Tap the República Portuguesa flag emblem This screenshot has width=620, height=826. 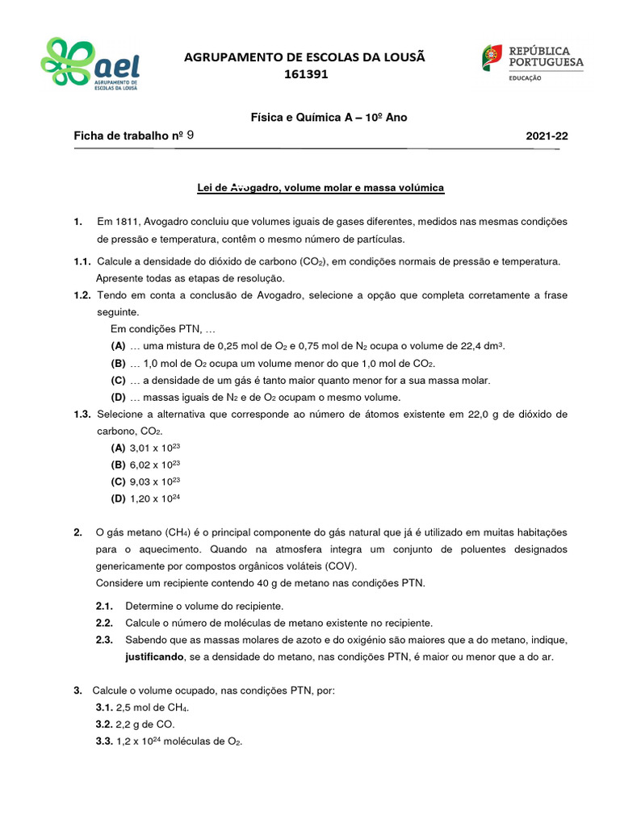click(492, 56)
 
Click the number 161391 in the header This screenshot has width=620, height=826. click(306, 74)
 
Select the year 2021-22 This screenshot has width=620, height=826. click(547, 136)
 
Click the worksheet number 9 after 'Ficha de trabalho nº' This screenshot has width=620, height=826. click(190, 136)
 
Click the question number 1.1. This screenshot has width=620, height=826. click(82, 261)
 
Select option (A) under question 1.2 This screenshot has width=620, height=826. click(118, 345)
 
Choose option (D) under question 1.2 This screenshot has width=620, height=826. click(118, 397)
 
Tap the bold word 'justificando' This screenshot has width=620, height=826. click(154, 657)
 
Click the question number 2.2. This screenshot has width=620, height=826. click(104, 623)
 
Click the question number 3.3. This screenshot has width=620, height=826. click(104, 741)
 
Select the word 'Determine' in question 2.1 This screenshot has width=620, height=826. click(149, 606)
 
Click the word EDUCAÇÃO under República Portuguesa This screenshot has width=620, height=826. click(525, 77)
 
